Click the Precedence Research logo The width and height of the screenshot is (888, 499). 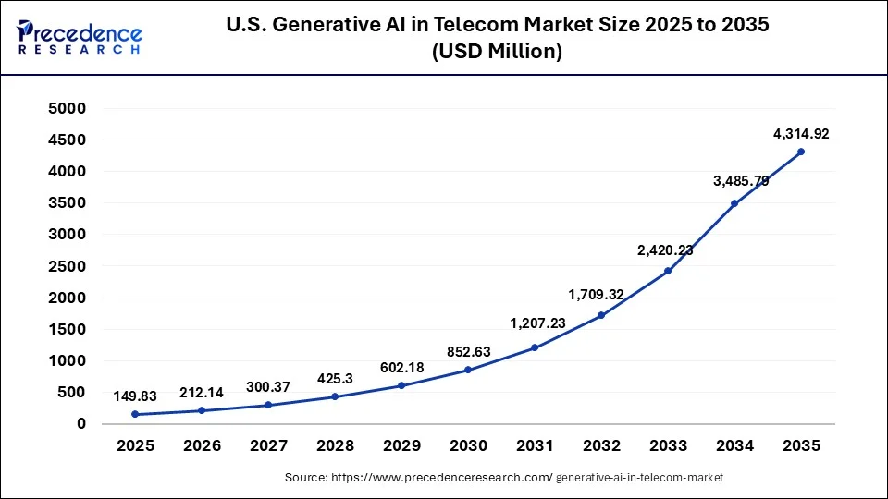click(x=80, y=37)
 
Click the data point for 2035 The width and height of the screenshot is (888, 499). click(x=801, y=152)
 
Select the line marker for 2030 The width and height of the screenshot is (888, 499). click(x=468, y=370)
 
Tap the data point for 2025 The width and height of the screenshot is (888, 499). click(x=135, y=414)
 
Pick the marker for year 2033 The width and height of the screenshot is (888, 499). click(x=668, y=271)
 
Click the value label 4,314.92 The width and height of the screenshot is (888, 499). click(x=801, y=134)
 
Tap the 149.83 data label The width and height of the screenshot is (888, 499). click(x=135, y=396)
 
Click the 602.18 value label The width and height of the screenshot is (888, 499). click(x=401, y=367)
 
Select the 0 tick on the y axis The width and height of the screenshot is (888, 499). click(x=80, y=424)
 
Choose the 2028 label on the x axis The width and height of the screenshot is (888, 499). click(x=335, y=445)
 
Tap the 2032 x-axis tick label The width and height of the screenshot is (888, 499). click(x=601, y=445)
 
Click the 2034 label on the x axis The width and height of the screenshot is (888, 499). click(x=734, y=445)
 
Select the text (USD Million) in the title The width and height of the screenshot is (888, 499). click(x=497, y=53)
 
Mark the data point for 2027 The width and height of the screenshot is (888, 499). click(x=268, y=405)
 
